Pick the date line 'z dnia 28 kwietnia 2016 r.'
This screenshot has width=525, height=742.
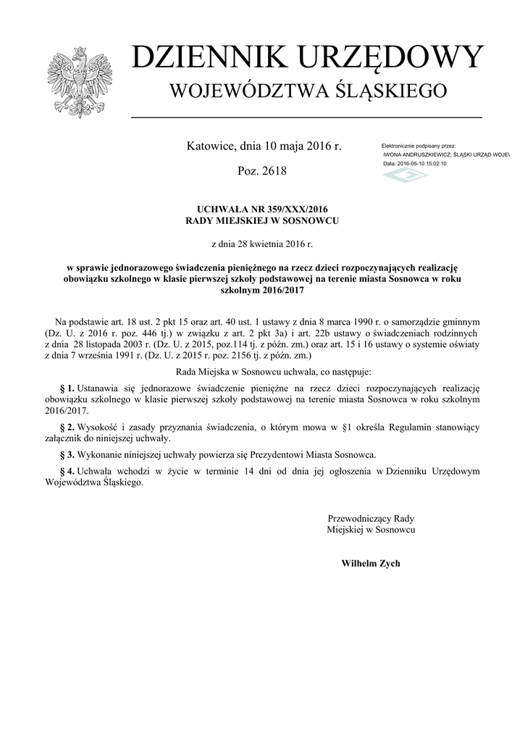(262, 244)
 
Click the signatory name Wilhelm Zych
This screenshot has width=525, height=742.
(371, 563)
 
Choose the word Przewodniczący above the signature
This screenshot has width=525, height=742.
(361, 519)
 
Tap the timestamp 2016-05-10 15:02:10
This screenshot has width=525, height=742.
(422, 164)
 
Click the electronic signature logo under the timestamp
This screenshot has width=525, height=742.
(405, 177)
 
